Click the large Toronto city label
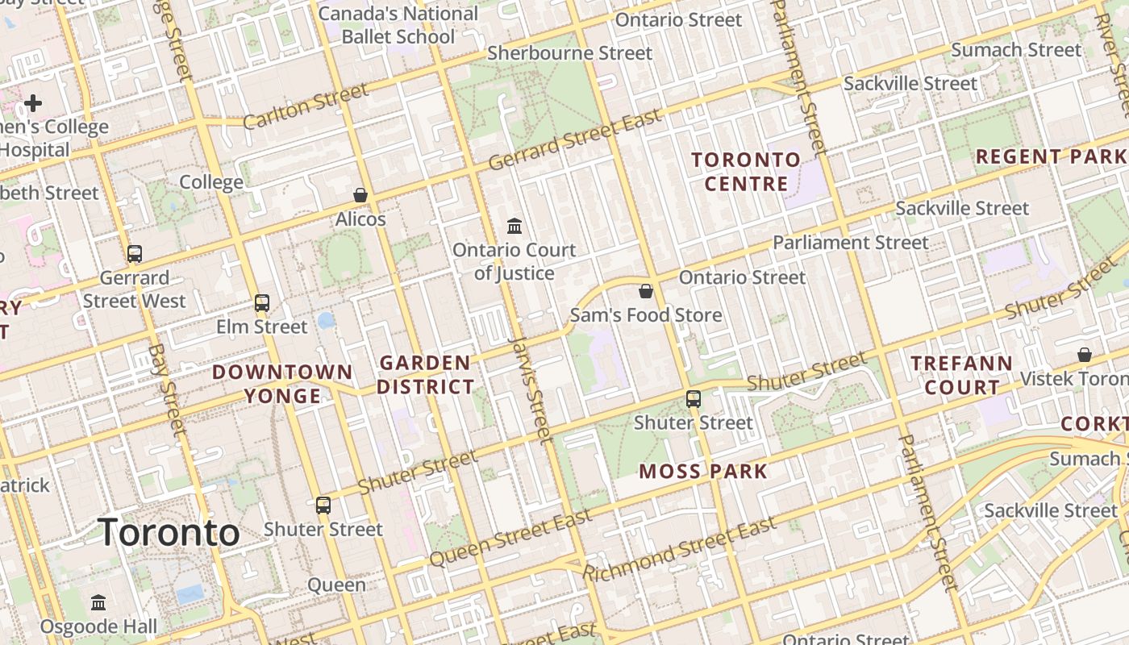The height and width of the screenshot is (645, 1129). tap(169, 533)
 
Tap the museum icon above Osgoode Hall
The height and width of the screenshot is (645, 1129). tap(98, 602)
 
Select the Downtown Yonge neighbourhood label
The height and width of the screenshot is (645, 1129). tap(282, 384)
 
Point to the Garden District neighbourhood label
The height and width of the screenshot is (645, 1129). tap(425, 375)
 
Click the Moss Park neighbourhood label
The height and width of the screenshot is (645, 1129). tap(703, 472)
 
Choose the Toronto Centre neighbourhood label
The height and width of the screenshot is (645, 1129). tap(746, 172)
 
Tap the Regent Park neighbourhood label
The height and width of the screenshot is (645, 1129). tap(1051, 156)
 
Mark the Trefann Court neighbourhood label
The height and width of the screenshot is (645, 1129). tap(961, 375)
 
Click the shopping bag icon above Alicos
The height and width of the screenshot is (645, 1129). tap(360, 195)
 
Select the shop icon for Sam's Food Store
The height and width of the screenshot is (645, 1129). tap(645, 291)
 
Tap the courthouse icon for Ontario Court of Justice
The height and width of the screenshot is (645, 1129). tap(514, 226)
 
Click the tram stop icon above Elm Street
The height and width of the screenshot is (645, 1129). tap(262, 303)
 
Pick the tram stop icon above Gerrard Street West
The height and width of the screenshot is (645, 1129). tap(135, 254)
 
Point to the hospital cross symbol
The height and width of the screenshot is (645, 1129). tap(33, 103)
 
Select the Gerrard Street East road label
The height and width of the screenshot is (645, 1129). tap(575, 139)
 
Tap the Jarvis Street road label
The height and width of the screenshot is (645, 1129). tap(532, 390)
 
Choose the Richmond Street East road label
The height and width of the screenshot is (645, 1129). tap(679, 551)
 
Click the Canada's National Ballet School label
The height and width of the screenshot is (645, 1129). tap(398, 25)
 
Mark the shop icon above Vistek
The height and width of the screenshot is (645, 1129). tap(1085, 355)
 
